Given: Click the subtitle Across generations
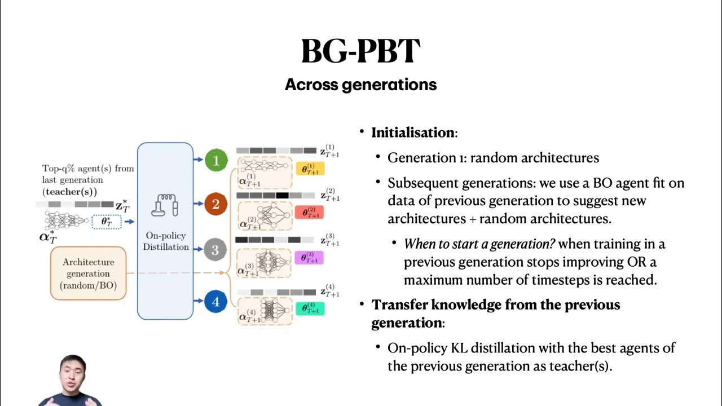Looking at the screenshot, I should click(x=360, y=85).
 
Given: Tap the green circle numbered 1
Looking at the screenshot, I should click(x=215, y=160).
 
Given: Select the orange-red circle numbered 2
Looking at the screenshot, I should click(x=215, y=204).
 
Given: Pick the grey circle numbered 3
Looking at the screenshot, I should click(x=215, y=249).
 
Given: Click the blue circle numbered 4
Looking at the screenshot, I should click(x=215, y=302).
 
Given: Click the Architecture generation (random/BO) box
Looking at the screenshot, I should click(x=89, y=273).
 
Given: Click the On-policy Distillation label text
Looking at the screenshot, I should click(x=165, y=241).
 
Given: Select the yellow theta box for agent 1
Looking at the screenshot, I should click(x=310, y=169).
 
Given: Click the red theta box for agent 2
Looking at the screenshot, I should click(x=309, y=213).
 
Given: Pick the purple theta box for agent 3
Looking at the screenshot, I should click(x=309, y=258).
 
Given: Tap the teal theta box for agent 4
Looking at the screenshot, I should click(x=309, y=308).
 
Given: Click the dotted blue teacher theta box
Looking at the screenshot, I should click(x=106, y=222).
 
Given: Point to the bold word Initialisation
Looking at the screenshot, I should click(x=412, y=133).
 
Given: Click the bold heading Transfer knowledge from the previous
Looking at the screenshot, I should click(x=495, y=305).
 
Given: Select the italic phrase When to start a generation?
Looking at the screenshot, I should click(x=479, y=244).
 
